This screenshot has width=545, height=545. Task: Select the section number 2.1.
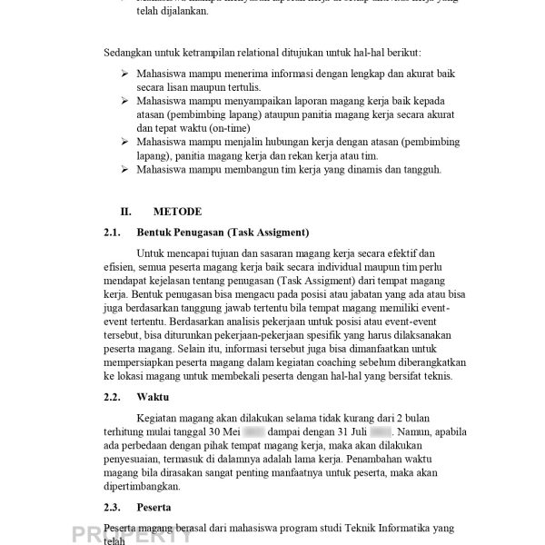114,232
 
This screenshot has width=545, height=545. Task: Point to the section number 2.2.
114,396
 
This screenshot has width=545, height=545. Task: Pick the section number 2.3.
114,507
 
